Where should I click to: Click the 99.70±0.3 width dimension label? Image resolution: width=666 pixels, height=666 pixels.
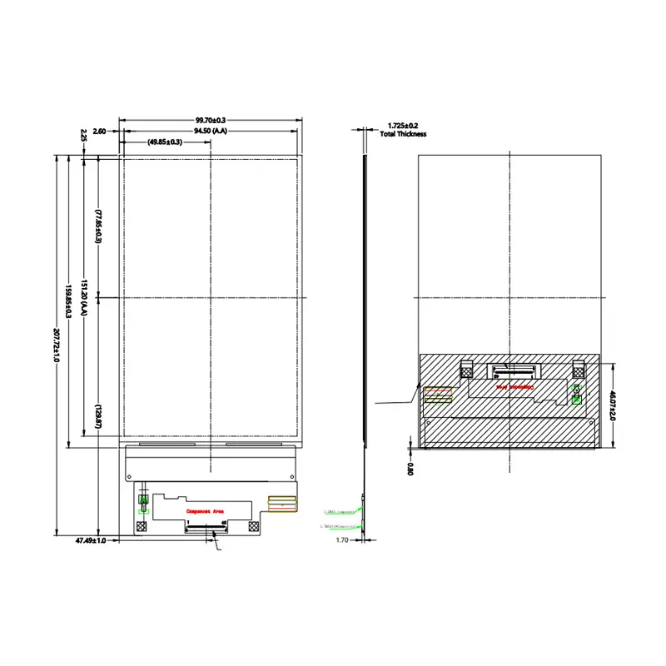click(x=210, y=121)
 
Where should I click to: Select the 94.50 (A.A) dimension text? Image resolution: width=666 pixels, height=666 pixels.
click(x=211, y=132)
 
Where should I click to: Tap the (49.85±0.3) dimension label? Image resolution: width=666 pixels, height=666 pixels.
click(x=166, y=142)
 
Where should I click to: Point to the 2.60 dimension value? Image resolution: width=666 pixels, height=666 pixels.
click(x=99, y=132)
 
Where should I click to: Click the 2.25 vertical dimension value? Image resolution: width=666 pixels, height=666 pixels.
click(x=84, y=135)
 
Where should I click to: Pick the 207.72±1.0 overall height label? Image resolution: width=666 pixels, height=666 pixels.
click(x=56, y=344)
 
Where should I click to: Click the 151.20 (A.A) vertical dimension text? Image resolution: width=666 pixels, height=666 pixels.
click(x=84, y=298)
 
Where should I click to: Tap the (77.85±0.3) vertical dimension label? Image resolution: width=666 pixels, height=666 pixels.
click(x=97, y=226)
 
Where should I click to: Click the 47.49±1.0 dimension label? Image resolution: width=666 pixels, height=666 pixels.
click(x=90, y=541)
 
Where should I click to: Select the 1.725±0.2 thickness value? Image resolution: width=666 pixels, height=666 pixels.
click(x=403, y=126)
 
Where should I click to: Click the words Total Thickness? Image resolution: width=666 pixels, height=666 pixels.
click(x=403, y=134)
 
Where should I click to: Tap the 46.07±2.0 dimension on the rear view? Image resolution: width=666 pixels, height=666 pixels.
click(x=613, y=405)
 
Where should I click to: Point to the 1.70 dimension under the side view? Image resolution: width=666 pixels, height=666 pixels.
click(x=341, y=540)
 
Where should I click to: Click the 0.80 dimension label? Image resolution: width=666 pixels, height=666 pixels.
click(x=410, y=469)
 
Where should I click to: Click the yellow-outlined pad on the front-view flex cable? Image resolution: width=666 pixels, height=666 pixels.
click(x=282, y=502)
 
